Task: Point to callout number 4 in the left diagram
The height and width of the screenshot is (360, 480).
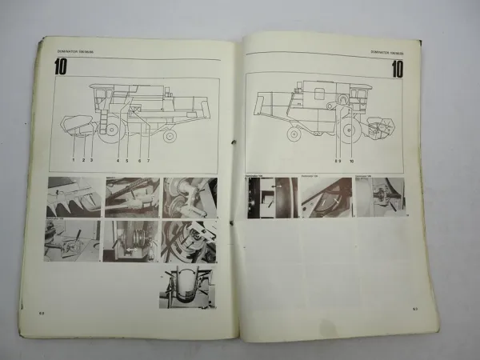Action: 118,160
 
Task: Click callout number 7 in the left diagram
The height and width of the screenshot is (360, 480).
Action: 148,160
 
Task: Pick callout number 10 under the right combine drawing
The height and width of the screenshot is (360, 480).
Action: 350,160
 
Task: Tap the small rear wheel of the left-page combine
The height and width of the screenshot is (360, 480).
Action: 170,135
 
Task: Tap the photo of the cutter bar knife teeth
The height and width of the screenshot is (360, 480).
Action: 73,197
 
